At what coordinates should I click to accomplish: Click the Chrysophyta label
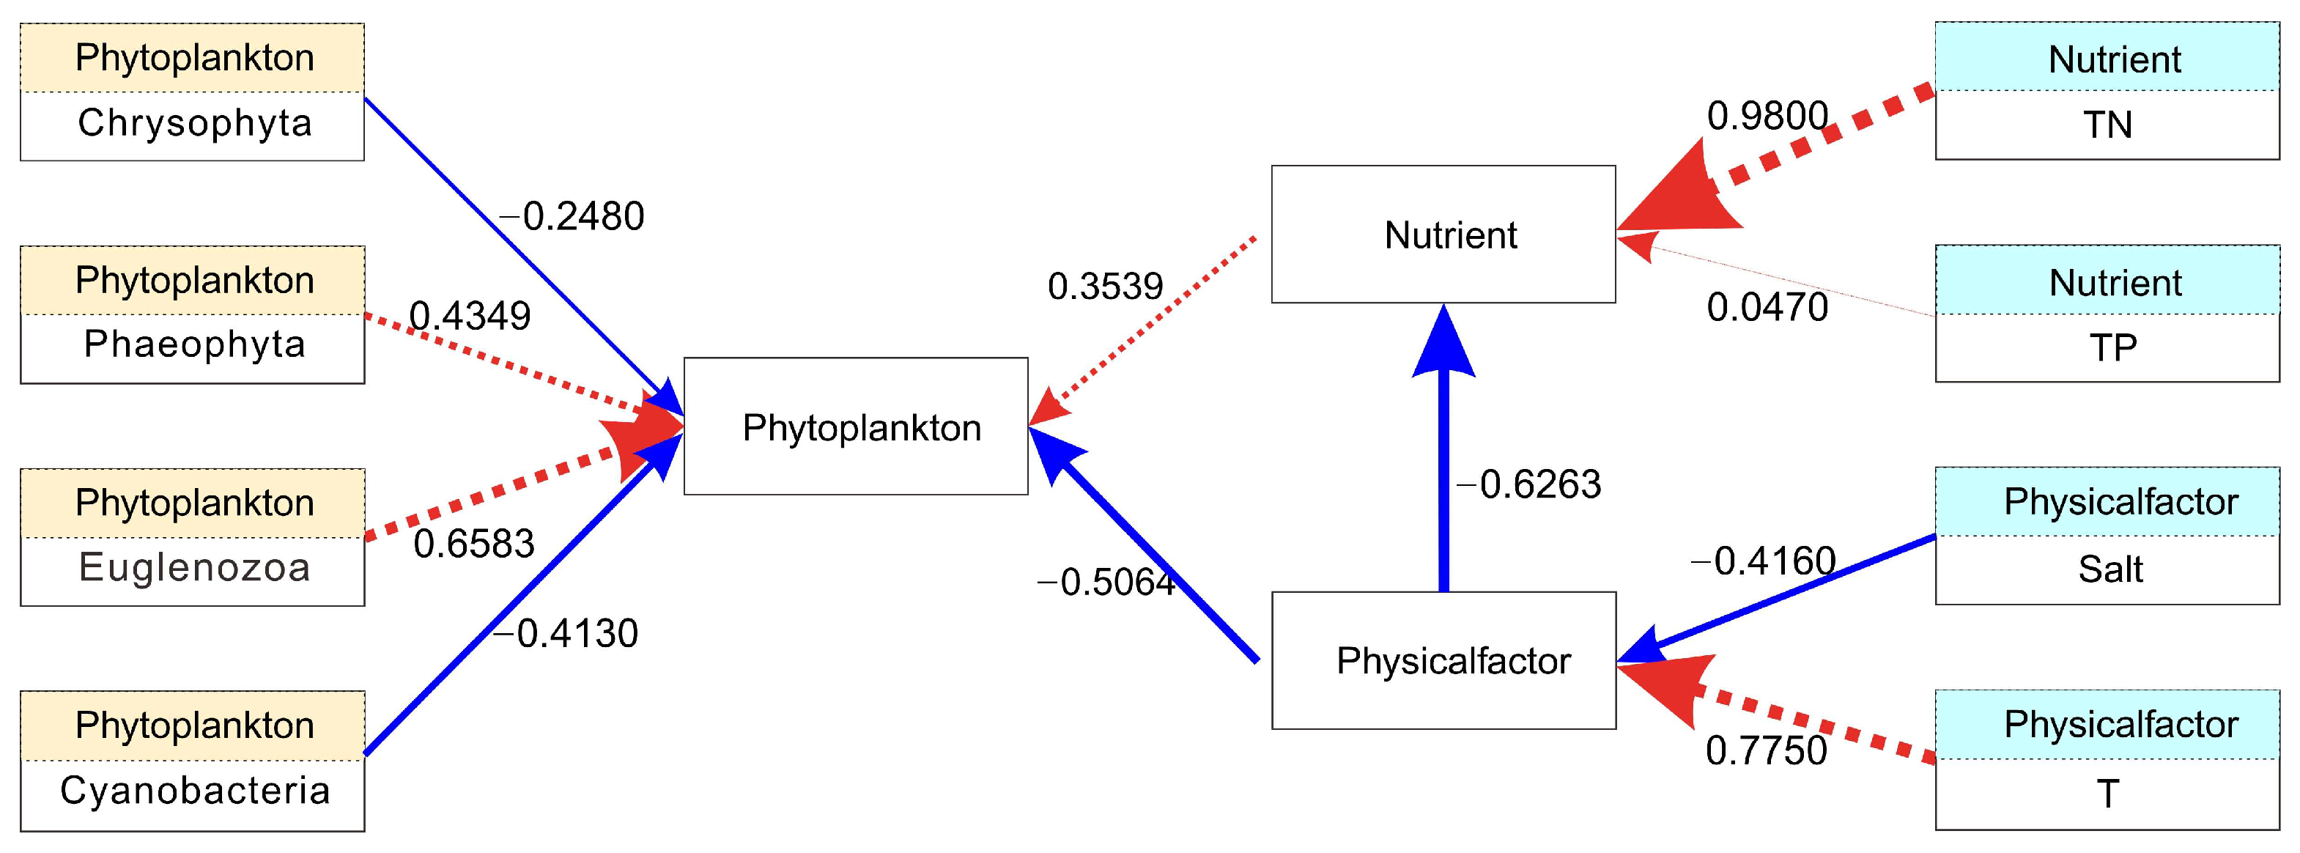[x=195, y=123]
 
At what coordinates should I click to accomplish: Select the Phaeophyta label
[x=195, y=344]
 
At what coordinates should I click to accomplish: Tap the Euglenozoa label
[x=195, y=568]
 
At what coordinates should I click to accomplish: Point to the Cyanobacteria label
[x=195, y=791]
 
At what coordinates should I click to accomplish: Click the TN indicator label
[x=2107, y=125]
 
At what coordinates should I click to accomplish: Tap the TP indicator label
[x=2112, y=347]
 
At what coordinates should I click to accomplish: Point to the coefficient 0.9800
[x=1767, y=116]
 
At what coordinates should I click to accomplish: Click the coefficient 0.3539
[x=1106, y=287]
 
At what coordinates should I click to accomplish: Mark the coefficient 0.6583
[x=474, y=544]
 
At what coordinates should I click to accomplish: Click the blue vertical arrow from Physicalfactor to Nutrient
[x=1443, y=473]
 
